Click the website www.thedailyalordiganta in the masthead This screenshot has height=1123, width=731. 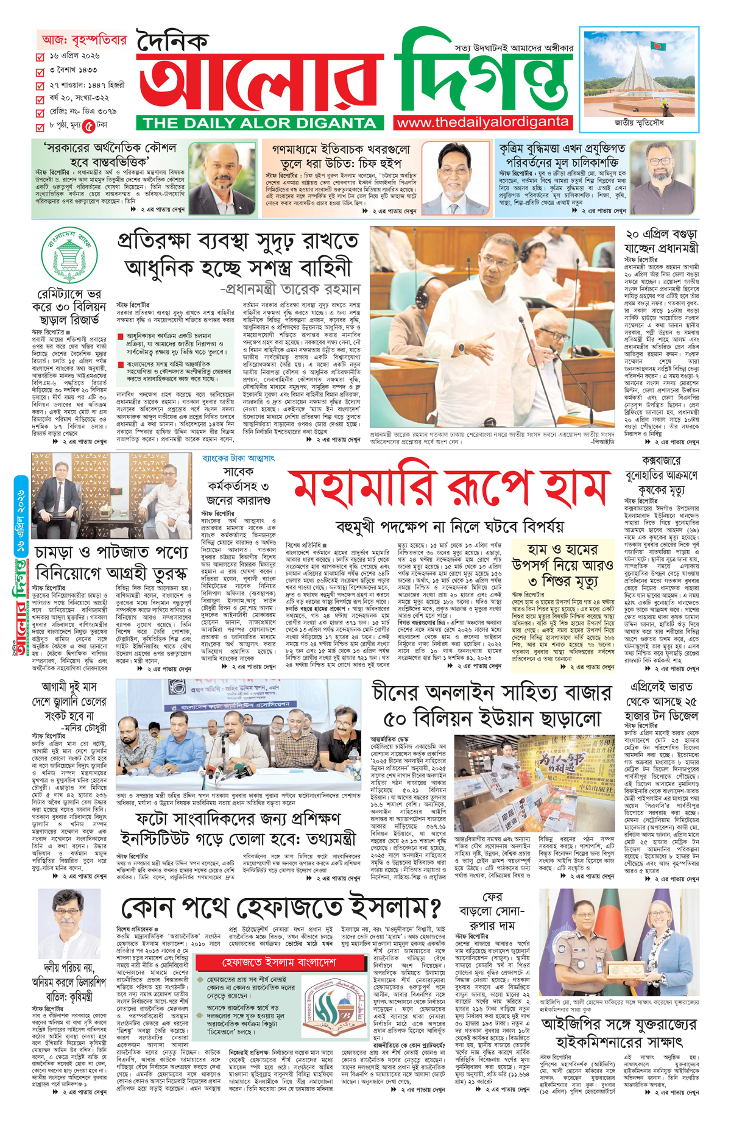coord(482,122)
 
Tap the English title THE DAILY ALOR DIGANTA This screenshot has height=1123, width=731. coord(260,122)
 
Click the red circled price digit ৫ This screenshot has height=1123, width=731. coord(89,126)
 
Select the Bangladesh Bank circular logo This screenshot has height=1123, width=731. coord(69,255)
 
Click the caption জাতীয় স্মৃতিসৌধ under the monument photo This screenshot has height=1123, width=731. coord(639,122)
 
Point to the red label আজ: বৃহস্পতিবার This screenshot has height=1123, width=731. coord(84,40)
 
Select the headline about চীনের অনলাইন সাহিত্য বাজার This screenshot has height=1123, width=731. coord(492,706)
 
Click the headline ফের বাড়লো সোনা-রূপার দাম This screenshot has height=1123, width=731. coord(492,912)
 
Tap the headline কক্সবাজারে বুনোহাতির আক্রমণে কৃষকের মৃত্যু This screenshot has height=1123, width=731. coord(661,475)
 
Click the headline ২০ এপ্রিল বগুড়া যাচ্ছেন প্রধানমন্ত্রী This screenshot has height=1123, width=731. coord(661,241)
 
